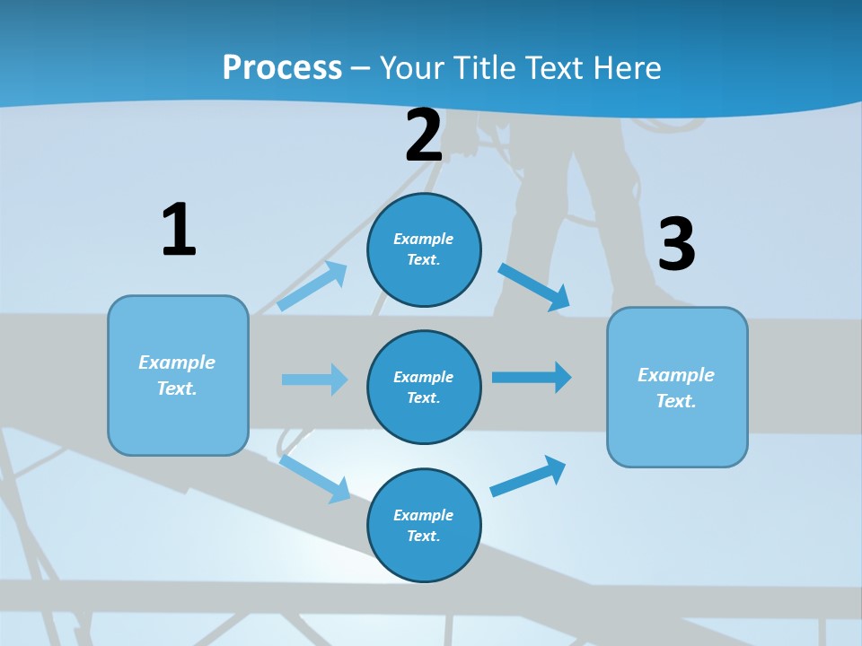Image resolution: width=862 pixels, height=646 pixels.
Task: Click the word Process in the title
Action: coord(282,68)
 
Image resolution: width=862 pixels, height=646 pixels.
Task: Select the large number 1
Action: coord(179,231)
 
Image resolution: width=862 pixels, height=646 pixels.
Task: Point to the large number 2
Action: coord(424,136)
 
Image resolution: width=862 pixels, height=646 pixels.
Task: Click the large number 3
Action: coord(676,245)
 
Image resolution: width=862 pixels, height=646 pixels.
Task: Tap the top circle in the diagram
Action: coord(424,249)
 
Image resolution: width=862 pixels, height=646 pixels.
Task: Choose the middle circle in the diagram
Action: coord(424,388)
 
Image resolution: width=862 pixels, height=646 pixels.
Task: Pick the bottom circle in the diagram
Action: coord(424,526)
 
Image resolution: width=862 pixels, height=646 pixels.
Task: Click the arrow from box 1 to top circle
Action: coord(312,286)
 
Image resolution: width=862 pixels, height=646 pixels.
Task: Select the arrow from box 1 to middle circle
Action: coord(314,380)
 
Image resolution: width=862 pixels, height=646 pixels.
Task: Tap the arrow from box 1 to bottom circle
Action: coord(314,479)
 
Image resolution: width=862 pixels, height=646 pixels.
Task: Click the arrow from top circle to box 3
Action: coord(533,287)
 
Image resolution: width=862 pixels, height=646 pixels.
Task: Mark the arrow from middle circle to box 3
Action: coord(532,378)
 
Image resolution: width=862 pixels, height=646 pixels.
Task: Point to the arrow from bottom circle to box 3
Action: coord(528,476)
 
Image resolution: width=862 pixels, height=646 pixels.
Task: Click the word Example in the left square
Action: coord(177,362)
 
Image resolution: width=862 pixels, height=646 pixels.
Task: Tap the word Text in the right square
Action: coord(675,401)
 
